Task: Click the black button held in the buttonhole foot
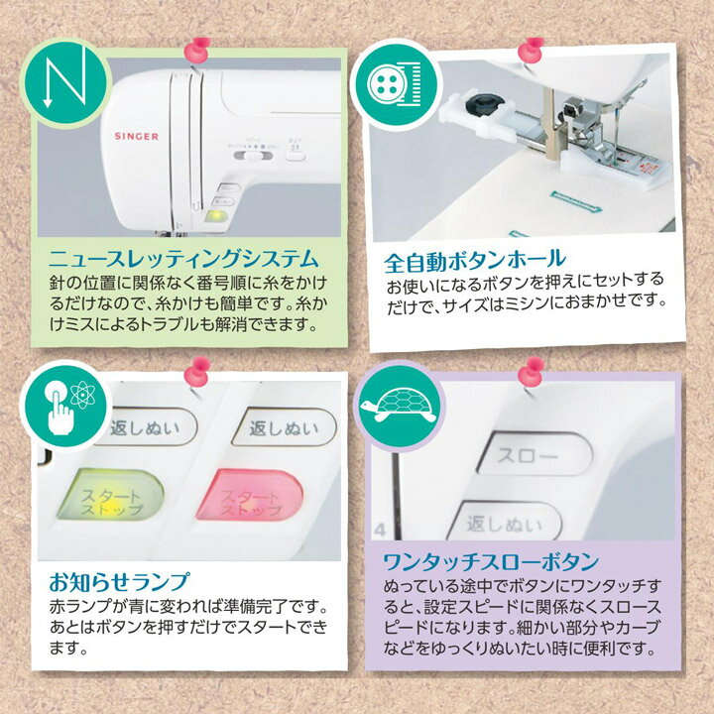point(490,104)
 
